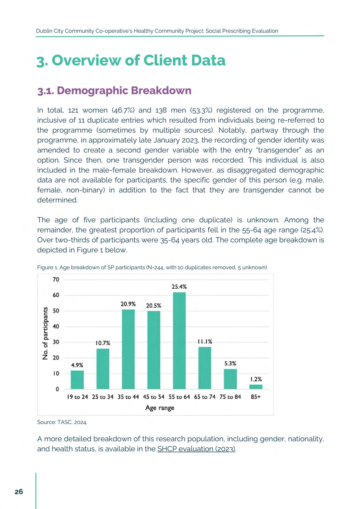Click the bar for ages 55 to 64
179,341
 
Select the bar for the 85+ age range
256,387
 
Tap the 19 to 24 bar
77,380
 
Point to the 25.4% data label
179,287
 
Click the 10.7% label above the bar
103,343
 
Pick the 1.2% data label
256,379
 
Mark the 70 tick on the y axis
56,280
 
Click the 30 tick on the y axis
56,342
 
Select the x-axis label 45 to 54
154,397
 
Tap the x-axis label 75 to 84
230,397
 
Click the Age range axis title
160,408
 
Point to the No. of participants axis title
45,333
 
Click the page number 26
19,492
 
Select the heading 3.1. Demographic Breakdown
114,90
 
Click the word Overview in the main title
86,60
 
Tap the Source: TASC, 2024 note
62,422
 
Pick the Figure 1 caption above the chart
152,267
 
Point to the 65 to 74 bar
205,368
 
